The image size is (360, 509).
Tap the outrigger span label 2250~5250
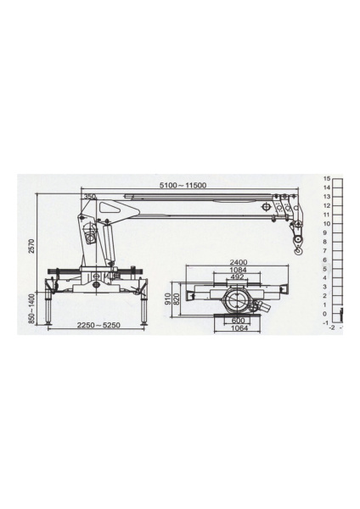[95, 326]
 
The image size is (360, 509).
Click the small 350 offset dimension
[89, 196]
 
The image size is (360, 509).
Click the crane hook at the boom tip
[298, 247]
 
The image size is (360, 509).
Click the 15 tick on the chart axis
[326, 179]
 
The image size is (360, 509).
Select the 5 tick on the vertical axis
[326, 269]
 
